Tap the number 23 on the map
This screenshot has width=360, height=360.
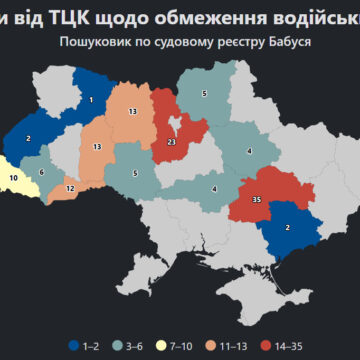point(172,142)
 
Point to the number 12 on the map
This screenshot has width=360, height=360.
point(69,188)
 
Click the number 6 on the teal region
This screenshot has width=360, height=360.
point(42,172)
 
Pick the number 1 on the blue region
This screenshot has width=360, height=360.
point(91,99)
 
